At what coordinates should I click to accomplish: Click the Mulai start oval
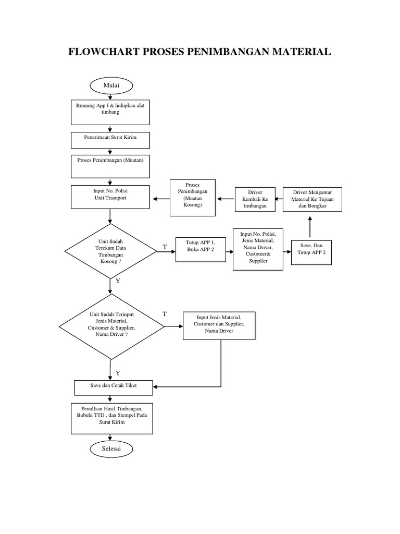(x=111, y=85)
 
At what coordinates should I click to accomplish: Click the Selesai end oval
(x=111, y=448)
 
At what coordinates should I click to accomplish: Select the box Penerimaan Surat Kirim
(x=110, y=140)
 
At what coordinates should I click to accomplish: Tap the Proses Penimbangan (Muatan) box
(x=110, y=166)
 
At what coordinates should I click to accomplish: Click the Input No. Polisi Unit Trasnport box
(x=110, y=197)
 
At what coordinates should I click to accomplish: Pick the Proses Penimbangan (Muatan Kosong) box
(x=192, y=198)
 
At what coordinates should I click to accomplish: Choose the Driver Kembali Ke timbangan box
(x=255, y=199)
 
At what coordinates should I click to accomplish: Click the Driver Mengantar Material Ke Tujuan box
(x=312, y=199)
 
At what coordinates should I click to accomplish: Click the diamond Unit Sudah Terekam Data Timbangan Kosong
(x=110, y=252)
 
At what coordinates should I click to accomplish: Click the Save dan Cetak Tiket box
(x=113, y=386)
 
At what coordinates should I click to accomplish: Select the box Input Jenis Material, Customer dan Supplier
(x=219, y=325)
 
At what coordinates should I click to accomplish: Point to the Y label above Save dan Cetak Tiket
(x=118, y=373)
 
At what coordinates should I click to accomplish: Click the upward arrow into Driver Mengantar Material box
(x=310, y=227)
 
